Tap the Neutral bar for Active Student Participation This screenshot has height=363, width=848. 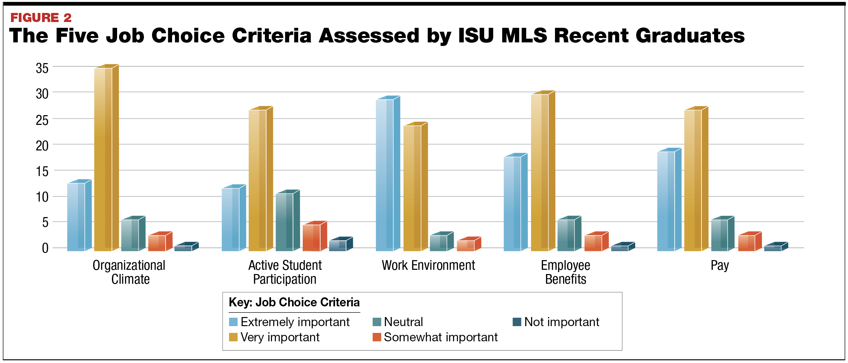pos(285,222)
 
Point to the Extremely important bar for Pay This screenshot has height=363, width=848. pos(666,201)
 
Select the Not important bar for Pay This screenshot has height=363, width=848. pos(773,248)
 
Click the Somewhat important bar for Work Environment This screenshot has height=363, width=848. pos(466,246)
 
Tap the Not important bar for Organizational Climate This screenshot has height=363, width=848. pos(183,248)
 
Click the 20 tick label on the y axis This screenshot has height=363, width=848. pos(42,146)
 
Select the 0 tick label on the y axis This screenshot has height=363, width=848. pos(45,248)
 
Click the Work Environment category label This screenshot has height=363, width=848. pos(428,266)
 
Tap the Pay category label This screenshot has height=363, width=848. pos(720,266)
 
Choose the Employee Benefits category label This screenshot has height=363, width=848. pos(566,272)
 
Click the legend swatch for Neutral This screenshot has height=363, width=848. pos(377,322)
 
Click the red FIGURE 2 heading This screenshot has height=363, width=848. pos(41,18)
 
